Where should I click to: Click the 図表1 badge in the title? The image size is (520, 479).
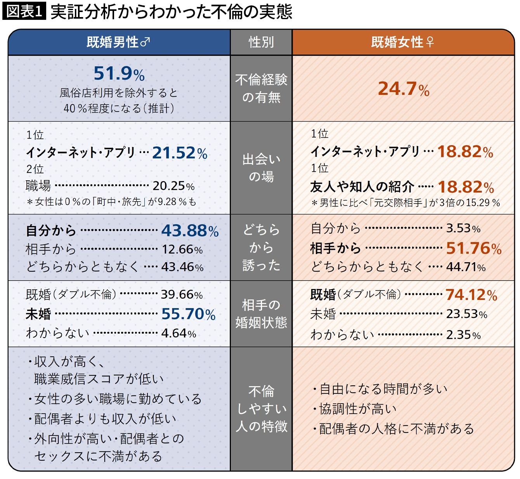tap(24, 12)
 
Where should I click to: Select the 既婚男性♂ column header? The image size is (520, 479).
tap(118, 42)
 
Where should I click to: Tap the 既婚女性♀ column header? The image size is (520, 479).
tap(402, 42)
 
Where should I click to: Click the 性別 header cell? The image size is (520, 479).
tap(261, 42)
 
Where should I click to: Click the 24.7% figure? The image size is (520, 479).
tap(404, 89)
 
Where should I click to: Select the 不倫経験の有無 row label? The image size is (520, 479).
tap(261, 88)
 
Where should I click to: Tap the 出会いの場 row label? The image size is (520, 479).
tap(261, 168)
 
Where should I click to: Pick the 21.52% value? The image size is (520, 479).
tap(180, 153)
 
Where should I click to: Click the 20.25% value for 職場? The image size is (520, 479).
tap(173, 186)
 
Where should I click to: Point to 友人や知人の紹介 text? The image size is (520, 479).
tap(362, 187)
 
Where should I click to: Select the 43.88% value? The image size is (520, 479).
tap(190, 231)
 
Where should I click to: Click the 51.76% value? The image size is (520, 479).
tap(473, 248)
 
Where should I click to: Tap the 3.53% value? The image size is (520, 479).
tap(463, 228)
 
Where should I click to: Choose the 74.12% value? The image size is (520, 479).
tap(471, 295)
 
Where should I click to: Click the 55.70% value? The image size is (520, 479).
tap(188, 314)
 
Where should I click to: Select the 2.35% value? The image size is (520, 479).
tap(463, 334)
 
